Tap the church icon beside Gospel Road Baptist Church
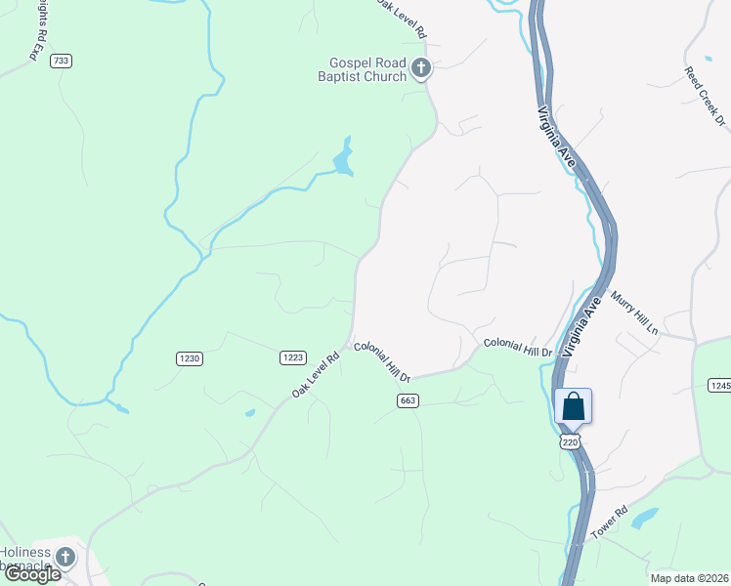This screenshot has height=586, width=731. point(421,68)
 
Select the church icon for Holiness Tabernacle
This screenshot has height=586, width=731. point(64,557)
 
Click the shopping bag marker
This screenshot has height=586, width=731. point(573,406)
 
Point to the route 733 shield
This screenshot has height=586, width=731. point(62,61)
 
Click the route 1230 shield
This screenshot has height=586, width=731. point(190,358)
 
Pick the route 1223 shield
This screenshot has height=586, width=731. point(292,358)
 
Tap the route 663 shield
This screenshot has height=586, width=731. point(408,400)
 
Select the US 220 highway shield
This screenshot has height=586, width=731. point(571,442)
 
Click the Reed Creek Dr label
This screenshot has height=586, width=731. point(705,96)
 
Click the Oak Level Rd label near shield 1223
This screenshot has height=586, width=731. point(315,374)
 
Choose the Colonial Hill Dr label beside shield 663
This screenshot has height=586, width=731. point(383,361)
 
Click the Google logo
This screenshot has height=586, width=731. point(32,574)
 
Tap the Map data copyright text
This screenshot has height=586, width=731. point(688,577)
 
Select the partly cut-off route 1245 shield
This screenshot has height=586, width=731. point(720,386)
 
